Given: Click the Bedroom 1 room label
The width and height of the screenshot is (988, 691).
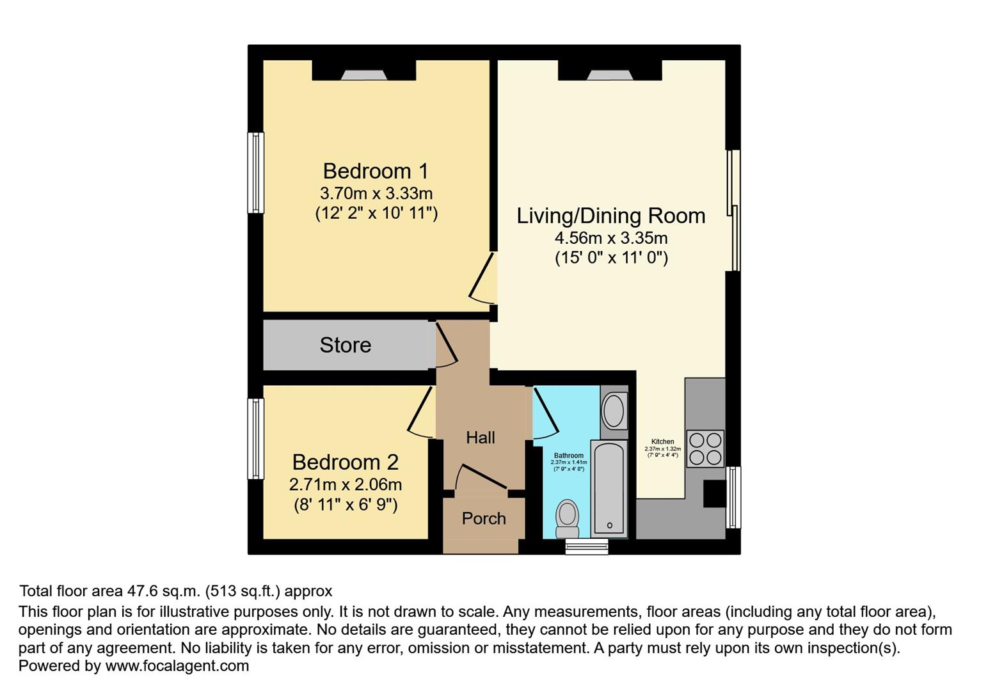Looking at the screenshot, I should [376, 171].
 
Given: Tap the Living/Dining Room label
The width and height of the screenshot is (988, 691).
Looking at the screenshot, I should [610, 216].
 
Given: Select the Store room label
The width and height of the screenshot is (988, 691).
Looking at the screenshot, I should [345, 345].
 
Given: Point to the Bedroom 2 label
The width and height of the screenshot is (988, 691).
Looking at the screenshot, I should [345, 462].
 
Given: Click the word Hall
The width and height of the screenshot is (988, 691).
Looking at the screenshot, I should [480, 438].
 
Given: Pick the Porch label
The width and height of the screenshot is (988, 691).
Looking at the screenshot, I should [484, 518].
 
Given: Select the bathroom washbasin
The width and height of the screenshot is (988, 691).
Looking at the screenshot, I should [614, 411].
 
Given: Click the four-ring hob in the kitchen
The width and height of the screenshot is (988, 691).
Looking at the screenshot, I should [705, 449].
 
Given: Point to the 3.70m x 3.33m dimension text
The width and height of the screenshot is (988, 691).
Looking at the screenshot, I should [376, 193].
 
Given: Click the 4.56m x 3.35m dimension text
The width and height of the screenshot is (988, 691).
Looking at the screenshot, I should [610, 238].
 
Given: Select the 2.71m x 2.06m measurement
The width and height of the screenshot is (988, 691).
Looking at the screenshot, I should [345, 484].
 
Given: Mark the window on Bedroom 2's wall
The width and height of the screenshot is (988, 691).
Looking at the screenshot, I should [255, 438].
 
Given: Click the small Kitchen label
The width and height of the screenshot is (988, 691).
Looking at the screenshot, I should [662, 441].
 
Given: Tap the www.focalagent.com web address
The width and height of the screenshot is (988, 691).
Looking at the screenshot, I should [177, 665].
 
